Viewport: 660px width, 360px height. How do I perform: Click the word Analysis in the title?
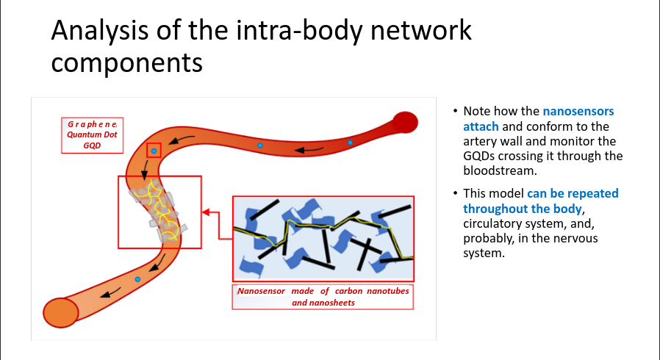click(99, 30)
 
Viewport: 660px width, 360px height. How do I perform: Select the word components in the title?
click(126, 62)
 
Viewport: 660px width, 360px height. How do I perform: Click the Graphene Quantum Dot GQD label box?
click(92, 135)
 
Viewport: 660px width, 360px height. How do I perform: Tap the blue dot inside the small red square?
click(154, 151)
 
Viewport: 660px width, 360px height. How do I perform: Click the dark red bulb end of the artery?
click(405, 123)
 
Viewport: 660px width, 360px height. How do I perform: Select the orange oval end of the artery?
click(61, 312)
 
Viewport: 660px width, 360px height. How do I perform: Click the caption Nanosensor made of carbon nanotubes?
click(323, 291)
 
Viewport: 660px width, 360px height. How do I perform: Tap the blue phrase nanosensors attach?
click(538, 118)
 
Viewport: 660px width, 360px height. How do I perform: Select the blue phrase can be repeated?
click(573, 193)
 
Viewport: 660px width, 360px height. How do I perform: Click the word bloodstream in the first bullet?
click(500, 170)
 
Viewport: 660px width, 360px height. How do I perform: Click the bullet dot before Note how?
click(455, 111)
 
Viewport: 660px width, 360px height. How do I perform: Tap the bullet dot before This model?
click(455, 193)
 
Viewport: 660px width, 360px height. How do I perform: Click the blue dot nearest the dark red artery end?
click(350, 143)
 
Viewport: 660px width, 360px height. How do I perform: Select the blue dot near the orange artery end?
click(137, 279)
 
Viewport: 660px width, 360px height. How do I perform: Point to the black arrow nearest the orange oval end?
click(110, 292)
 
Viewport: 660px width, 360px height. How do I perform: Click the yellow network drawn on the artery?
click(159, 209)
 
